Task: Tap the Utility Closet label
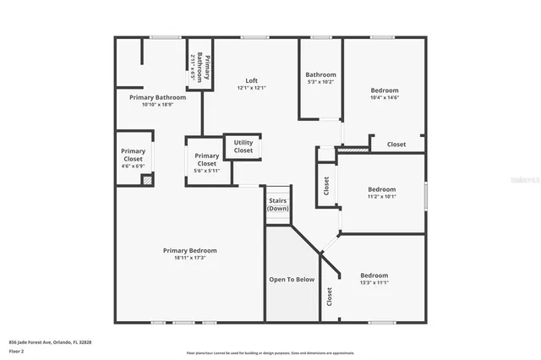(x=243, y=146)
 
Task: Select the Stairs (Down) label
(x=278, y=204)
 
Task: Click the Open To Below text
(x=292, y=279)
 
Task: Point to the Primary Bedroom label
(x=189, y=250)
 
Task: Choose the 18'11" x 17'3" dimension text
(x=189, y=258)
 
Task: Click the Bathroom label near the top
(x=320, y=74)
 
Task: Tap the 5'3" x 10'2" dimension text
(x=320, y=82)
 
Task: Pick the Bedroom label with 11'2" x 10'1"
(x=381, y=189)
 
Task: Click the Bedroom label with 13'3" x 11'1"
(x=374, y=275)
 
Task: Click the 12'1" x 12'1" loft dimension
(x=251, y=88)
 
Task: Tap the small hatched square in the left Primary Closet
(x=147, y=180)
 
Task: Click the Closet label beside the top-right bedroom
(x=396, y=145)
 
